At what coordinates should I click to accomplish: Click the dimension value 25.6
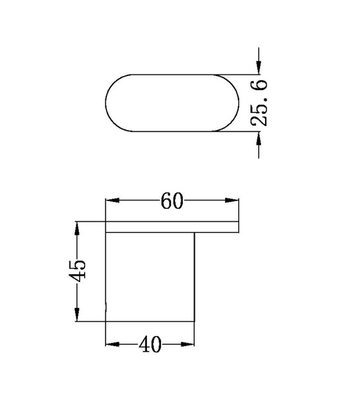tap(259, 103)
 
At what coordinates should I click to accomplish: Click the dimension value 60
tap(172, 200)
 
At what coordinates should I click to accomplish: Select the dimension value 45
tap(77, 271)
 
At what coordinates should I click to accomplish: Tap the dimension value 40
tap(150, 344)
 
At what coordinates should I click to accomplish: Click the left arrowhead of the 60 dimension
tap(112, 200)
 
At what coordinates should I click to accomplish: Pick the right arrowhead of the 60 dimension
tap(232, 200)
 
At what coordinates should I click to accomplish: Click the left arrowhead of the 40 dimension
tap(112, 344)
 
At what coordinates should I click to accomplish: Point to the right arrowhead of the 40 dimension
tap(188, 344)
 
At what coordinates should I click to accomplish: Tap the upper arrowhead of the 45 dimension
tap(77, 229)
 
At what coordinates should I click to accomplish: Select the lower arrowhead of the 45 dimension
tap(77, 314)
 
